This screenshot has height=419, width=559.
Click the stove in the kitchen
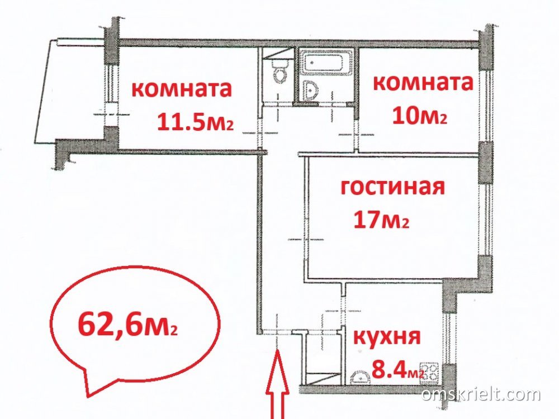(430, 372)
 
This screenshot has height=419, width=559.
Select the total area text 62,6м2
(127, 325)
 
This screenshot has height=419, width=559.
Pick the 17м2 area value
(381, 220)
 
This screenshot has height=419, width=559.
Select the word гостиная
(393, 187)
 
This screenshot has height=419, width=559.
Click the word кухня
(387, 337)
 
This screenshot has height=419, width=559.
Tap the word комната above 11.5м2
(182, 89)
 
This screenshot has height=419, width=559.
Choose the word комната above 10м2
(423, 83)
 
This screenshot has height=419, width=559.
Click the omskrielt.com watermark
(481, 394)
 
